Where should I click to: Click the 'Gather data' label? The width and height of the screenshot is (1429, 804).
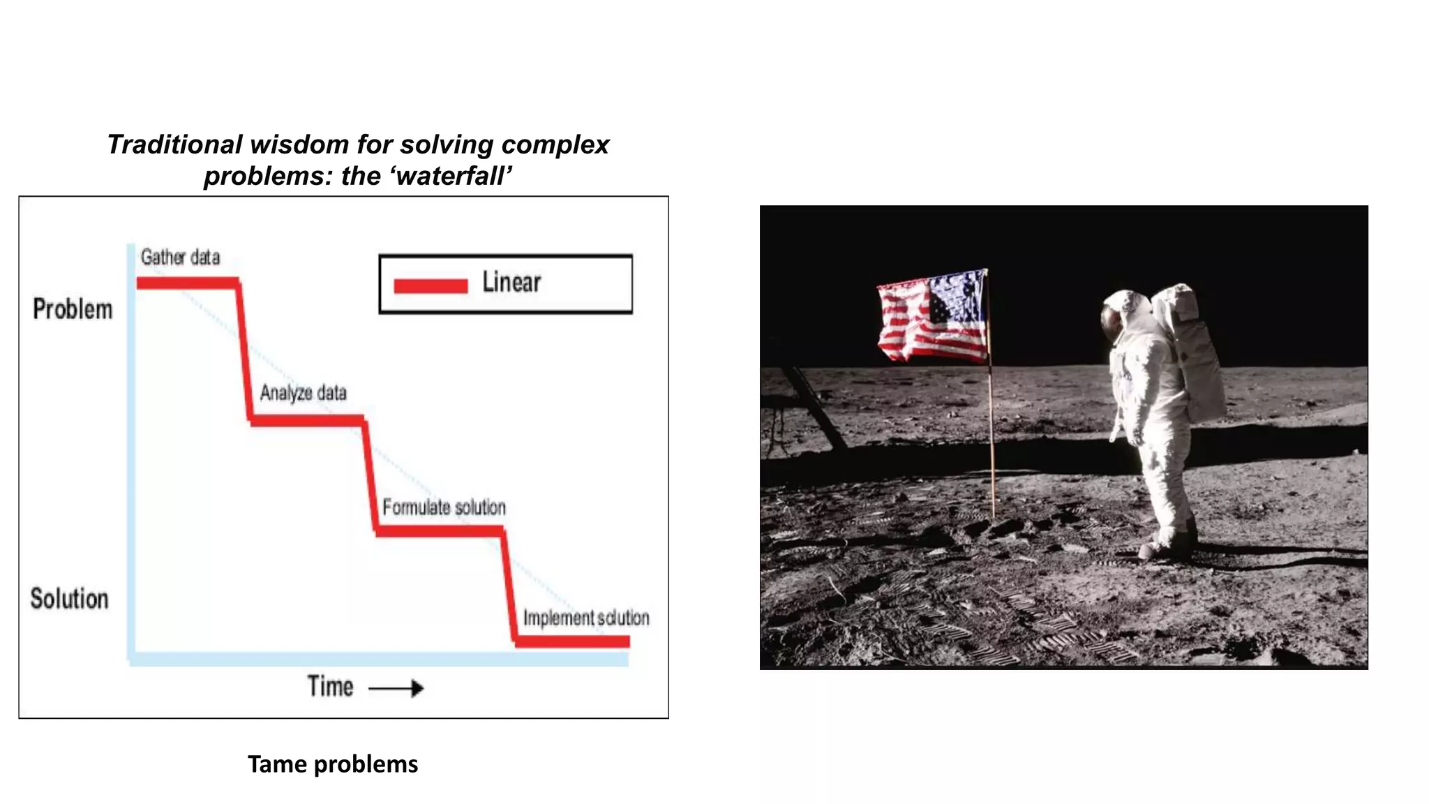click(180, 258)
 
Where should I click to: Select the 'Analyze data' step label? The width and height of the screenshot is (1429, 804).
click(303, 393)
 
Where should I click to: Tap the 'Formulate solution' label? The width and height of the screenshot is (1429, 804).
click(444, 507)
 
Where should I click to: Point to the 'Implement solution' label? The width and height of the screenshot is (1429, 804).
click(586, 618)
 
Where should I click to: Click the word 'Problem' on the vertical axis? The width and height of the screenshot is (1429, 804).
click(73, 309)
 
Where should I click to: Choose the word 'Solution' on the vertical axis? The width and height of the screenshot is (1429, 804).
click(69, 599)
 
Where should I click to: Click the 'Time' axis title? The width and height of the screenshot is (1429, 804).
click(330, 687)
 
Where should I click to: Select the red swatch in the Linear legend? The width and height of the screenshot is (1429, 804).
click(431, 285)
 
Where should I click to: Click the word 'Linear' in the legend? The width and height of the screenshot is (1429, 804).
click(511, 283)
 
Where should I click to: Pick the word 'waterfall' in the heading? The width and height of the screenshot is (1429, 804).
click(451, 176)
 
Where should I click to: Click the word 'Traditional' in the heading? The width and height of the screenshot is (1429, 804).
click(174, 144)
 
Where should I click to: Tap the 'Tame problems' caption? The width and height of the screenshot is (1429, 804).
click(333, 764)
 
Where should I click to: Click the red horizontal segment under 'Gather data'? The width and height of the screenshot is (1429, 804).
click(188, 283)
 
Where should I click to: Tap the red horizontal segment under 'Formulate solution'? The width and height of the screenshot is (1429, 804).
click(440, 531)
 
